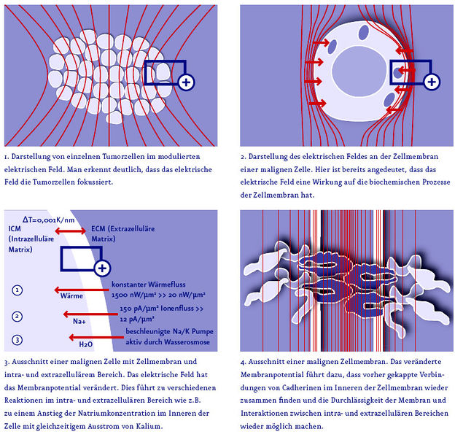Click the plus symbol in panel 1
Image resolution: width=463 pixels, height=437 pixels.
point(187,82)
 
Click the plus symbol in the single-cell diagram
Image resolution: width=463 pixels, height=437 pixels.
point(432,82)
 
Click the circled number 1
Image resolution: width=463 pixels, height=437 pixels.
point(17,290)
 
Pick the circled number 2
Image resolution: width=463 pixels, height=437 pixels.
point(17,316)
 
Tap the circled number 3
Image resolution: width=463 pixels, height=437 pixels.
point(17,340)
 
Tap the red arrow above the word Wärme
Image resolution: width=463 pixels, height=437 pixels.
point(77,286)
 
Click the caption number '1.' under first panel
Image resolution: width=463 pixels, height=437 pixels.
point(7,156)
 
